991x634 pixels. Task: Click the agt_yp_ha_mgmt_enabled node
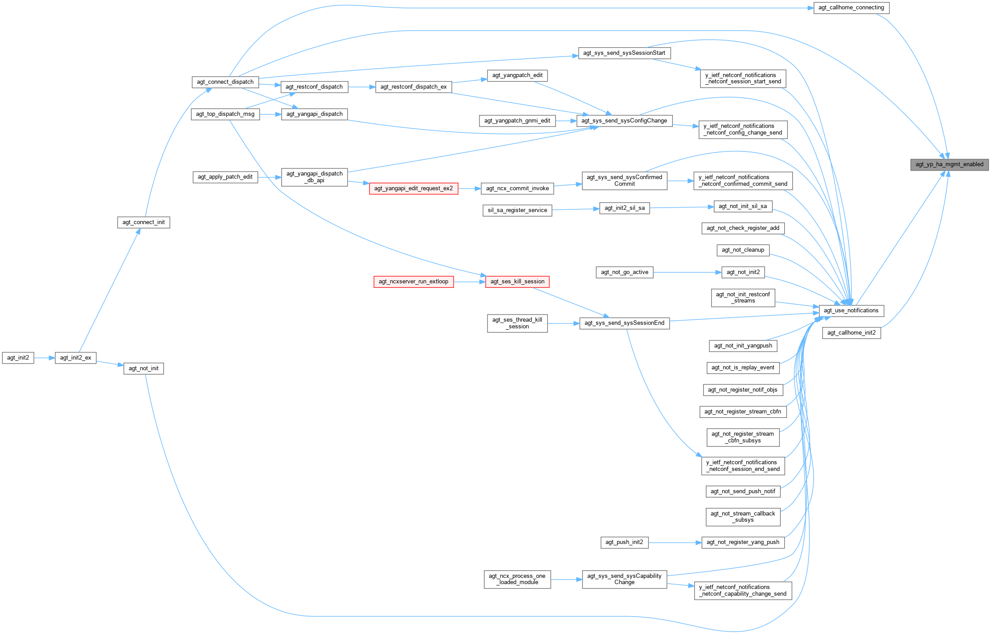949,164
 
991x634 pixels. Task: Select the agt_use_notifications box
851,311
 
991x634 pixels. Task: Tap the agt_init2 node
18,358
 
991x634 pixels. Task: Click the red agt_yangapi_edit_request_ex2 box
414,188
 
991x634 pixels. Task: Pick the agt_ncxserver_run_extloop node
414,282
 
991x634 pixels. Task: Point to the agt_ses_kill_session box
517,282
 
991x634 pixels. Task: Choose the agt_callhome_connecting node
851,8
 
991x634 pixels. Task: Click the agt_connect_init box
143,222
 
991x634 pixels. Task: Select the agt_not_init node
143,368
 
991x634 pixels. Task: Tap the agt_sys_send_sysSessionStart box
624,53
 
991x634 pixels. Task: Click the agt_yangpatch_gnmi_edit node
517,121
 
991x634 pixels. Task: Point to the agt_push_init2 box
624,542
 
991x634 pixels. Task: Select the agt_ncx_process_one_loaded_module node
517,579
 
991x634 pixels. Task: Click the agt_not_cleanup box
743,250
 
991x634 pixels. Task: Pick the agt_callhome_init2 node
851,333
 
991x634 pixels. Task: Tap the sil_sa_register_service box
517,210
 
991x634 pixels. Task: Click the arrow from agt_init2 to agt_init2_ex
44,358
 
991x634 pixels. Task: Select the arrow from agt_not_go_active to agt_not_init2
687,272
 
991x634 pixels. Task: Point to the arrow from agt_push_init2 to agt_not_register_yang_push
675,543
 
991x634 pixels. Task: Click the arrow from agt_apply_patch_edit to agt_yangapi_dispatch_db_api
269,177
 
